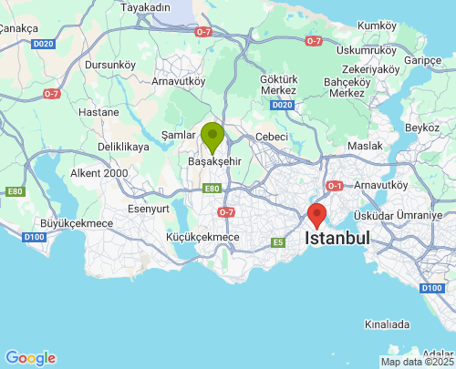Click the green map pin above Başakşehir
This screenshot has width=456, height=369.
[x=212, y=137]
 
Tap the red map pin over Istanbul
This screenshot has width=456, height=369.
[x=316, y=215]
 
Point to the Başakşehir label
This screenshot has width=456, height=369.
[x=213, y=161]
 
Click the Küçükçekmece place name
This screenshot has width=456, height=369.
[x=202, y=237]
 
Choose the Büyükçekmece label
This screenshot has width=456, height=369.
[x=77, y=223]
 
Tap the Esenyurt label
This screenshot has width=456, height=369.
[x=150, y=208]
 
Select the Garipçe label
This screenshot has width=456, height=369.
[x=422, y=60]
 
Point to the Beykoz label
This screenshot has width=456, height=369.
[x=422, y=128]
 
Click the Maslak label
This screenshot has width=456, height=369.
[x=365, y=146]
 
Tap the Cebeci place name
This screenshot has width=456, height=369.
[x=271, y=136]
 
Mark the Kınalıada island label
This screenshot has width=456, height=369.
[x=387, y=323]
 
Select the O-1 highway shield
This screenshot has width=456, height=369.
[x=335, y=187]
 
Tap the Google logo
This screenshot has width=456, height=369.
[x=30, y=358]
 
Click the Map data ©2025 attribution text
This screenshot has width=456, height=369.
[x=416, y=362]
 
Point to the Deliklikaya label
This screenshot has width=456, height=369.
[x=123, y=146]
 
